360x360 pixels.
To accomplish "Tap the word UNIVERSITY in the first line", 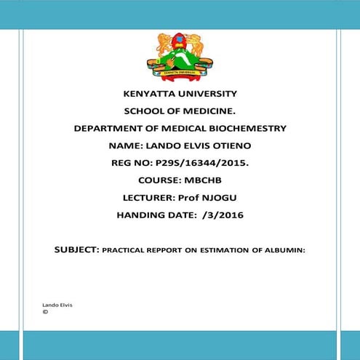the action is (207, 94).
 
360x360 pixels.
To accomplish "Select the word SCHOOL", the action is (143, 111).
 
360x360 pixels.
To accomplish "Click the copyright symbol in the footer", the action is (46, 312).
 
